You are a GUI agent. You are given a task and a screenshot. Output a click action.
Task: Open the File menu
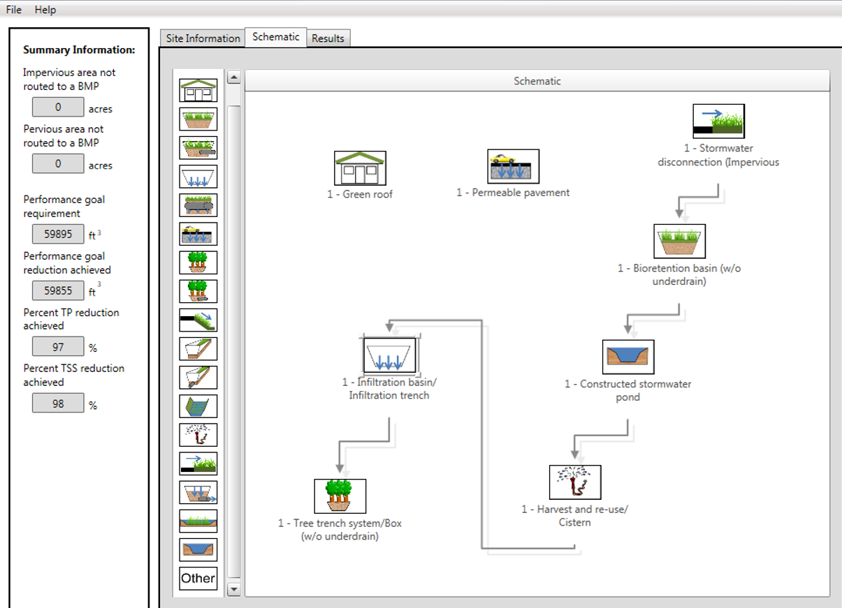pos(13,10)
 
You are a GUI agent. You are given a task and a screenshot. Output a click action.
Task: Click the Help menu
pos(45,10)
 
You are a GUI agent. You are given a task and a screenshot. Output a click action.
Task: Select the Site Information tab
pos(203,38)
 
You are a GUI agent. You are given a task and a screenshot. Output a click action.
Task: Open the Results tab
pos(328,38)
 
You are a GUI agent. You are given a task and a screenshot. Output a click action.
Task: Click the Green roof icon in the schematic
pos(360,168)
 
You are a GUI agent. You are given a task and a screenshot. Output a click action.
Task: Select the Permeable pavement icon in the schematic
pos(513,166)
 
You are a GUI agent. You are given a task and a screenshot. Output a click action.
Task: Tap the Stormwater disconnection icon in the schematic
pos(718,121)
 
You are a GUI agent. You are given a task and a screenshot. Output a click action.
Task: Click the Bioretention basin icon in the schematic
pos(679,242)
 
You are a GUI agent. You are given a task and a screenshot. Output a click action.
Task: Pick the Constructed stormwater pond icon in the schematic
pos(628,357)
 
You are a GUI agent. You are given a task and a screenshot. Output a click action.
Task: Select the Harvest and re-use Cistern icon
pos(574,482)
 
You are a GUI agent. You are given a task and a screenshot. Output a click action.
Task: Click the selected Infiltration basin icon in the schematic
pos(390,355)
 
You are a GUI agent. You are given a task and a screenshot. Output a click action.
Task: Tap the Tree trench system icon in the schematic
pos(340,496)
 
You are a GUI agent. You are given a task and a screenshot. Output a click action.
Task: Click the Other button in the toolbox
pos(198,578)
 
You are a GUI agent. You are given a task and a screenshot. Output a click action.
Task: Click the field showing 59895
pos(58,234)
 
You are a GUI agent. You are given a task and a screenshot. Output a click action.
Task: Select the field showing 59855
pos(58,290)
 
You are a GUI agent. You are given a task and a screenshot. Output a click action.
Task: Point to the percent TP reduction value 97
pos(58,347)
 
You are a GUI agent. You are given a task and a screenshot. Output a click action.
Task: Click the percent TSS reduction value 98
pos(58,403)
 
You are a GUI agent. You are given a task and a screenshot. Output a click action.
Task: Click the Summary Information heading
pos(79,50)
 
